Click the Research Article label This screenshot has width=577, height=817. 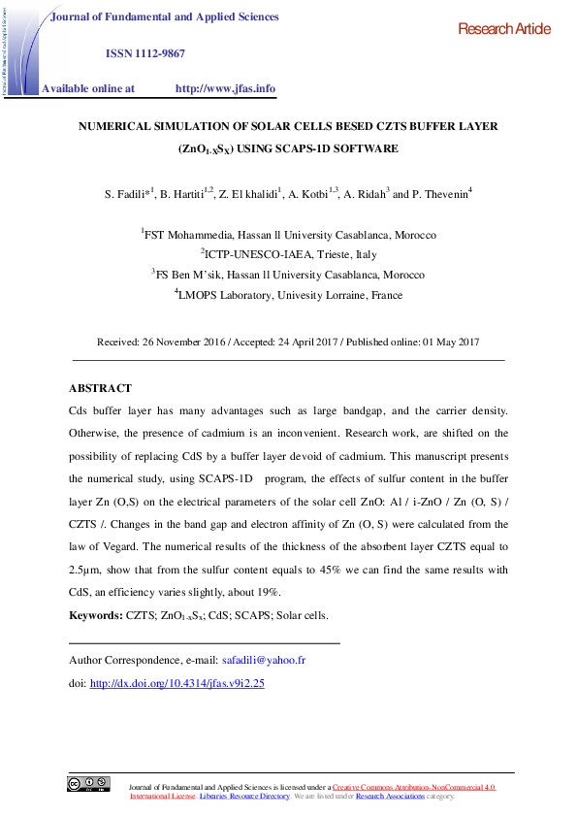click(x=504, y=30)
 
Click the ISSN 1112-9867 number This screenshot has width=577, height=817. click(x=144, y=52)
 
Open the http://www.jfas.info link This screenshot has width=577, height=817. click(x=225, y=88)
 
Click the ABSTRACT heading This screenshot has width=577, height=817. click(x=100, y=388)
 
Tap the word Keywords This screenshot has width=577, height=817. click(x=95, y=615)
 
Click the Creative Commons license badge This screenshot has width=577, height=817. click(x=87, y=784)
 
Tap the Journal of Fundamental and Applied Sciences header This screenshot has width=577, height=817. click(x=164, y=17)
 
